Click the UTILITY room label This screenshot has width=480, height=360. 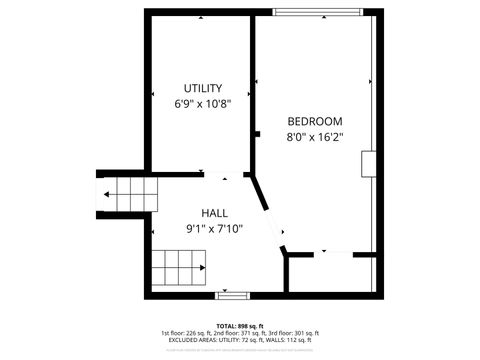click(x=203, y=88)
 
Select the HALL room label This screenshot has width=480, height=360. click(x=214, y=213)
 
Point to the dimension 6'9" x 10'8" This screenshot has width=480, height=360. click(x=203, y=103)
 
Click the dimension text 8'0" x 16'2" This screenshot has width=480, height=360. click(x=315, y=137)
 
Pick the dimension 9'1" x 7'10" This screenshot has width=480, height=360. click(x=214, y=228)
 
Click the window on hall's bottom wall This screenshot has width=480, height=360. click(x=232, y=294)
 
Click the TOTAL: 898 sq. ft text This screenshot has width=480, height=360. click(x=239, y=326)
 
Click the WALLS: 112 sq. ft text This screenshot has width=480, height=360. click(x=294, y=340)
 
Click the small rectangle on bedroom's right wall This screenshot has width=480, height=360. click(x=369, y=164)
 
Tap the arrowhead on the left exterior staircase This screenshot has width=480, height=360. click(x=104, y=194)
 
